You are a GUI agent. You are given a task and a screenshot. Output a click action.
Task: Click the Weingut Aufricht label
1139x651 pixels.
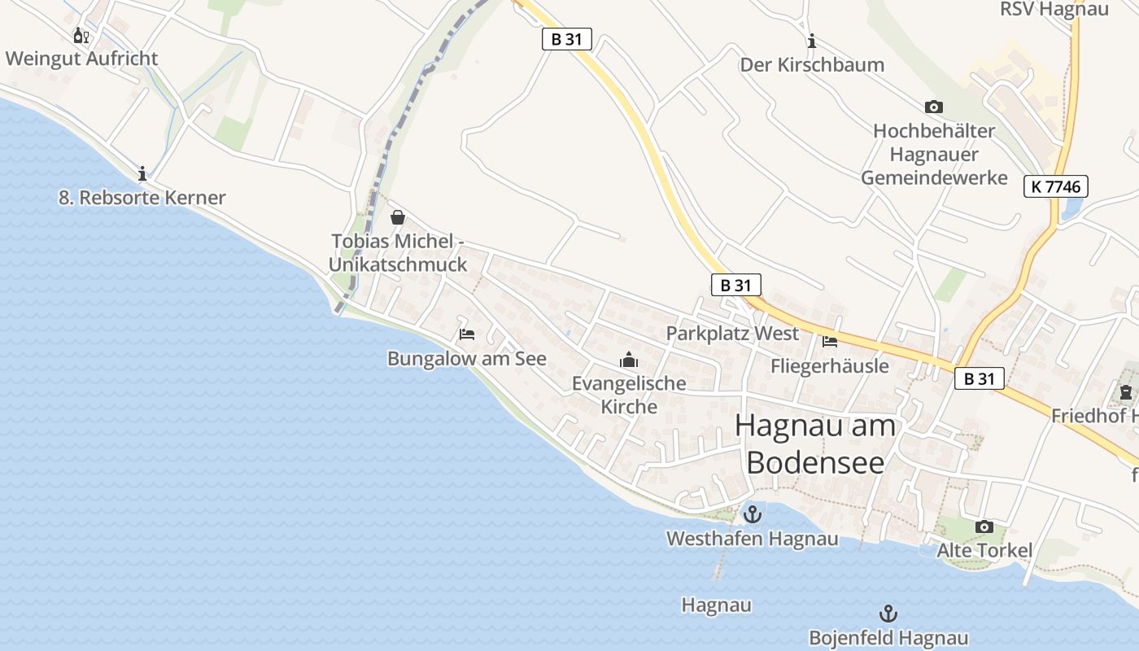pyautogui.click(x=81, y=59)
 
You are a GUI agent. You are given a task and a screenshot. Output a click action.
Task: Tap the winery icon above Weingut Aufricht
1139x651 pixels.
pyautogui.click(x=81, y=35)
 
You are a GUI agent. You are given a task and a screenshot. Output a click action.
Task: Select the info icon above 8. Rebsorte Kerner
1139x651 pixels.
pyautogui.click(x=142, y=173)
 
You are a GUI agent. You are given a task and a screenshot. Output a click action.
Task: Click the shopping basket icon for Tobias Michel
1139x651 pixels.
pyautogui.click(x=398, y=217)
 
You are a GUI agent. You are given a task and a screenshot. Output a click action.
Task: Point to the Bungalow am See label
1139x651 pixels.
pyautogui.click(x=467, y=359)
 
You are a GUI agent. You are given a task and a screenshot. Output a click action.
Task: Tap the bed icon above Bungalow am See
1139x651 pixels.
pyautogui.click(x=467, y=334)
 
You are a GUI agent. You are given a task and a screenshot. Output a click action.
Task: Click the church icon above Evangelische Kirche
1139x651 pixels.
pyautogui.click(x=629, y=359)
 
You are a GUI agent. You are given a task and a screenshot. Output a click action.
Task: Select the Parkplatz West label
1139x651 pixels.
pyautogui.click(x=732, y=334)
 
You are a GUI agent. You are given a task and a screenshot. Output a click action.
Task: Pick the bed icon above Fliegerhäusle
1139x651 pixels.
pyautogui.click(x=830, y=341)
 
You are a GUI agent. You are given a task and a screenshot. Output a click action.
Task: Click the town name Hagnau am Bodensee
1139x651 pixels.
pyautogui.click(x=815, y=443)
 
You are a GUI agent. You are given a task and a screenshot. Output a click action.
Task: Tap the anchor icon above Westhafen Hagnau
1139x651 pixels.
pyautogui.click(x=753, y=514)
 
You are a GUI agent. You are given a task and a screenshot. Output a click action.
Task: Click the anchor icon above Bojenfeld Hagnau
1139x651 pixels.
pyautogui.click(x=888, y=614)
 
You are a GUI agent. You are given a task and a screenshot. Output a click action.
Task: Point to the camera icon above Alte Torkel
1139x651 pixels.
pyautogui.click(x=984, y=526)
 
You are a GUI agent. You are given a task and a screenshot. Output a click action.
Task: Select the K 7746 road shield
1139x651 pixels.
pyautogui.click(x=1055, y=186)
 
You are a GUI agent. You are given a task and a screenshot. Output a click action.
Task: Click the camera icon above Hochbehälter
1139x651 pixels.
pyautogui.click(x=934, y=107)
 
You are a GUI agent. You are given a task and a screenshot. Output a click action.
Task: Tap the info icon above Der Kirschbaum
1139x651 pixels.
pyautogui.click(x=811, y=41)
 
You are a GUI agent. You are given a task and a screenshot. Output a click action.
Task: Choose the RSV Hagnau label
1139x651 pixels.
pyautogui.click(x=1054, y=10)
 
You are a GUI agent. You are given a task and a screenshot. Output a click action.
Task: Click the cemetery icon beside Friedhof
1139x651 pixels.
pyautogui.click(x=1125, y=393)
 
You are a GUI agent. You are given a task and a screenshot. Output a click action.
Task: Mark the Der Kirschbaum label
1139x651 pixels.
pyautogui.click(x=812, y=65)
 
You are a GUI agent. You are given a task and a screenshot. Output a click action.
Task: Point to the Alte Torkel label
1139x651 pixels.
pyautogui.click(x=984, y=551)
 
